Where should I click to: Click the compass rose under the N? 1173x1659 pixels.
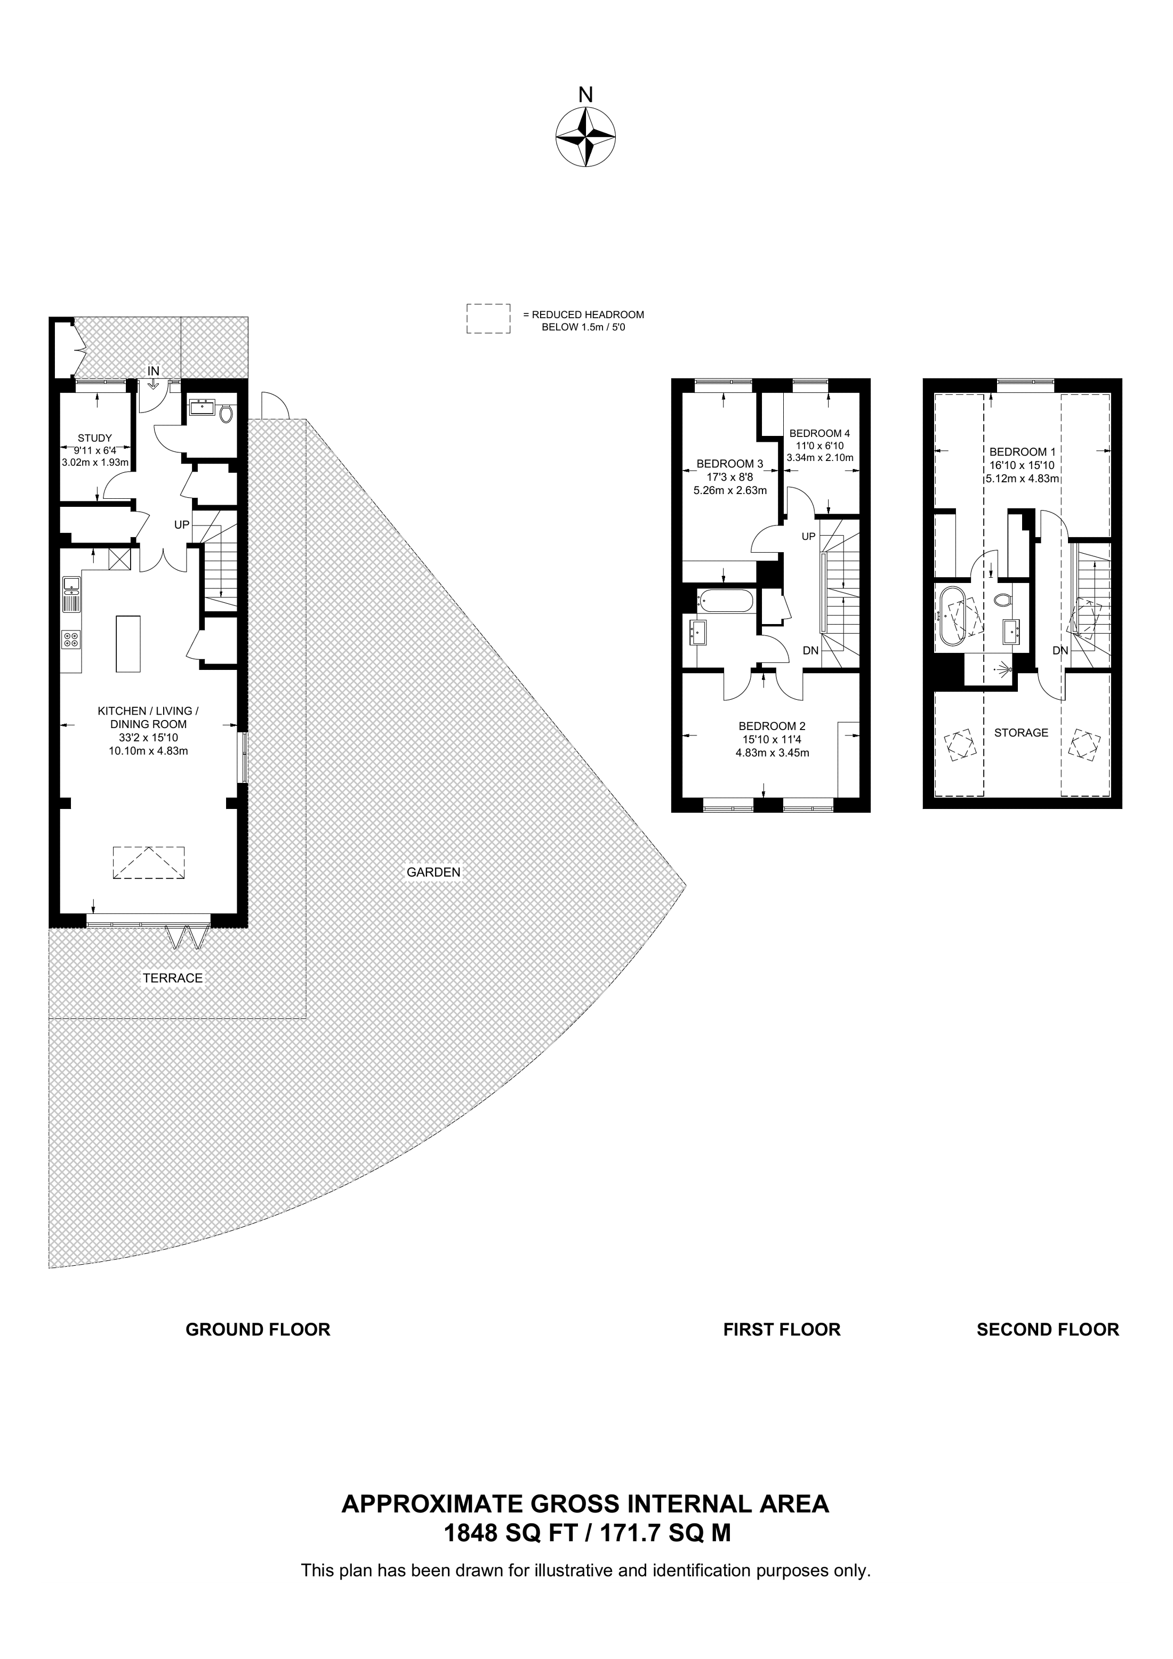(585, 137)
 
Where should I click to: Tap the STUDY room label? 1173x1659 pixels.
(95, 438)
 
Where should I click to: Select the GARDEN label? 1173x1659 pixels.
(433, 872)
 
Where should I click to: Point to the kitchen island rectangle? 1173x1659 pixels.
(128, 644)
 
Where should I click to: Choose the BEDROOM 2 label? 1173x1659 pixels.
(772, 726)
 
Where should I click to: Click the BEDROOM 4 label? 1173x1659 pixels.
(820, 434)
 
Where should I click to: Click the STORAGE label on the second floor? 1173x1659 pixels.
(1021, 733)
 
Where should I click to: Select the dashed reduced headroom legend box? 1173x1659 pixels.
(488, 319)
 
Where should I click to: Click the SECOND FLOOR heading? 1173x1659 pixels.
(1048, 1330)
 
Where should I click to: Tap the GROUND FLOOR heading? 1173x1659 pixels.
(258, 1330)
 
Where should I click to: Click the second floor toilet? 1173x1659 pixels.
(1002, 600)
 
